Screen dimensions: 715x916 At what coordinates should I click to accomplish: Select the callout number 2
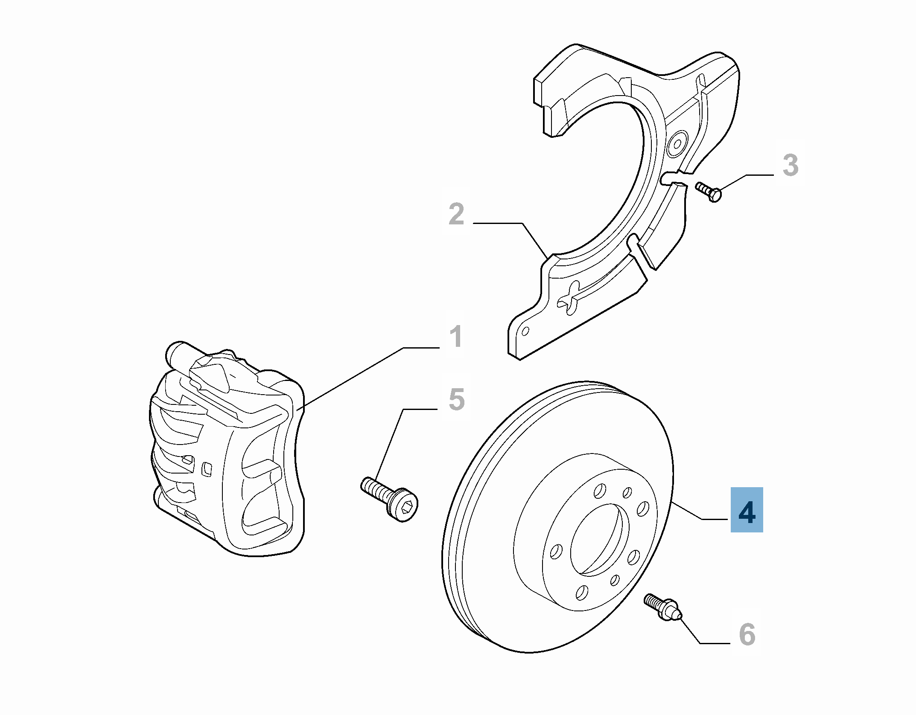coord(456,214)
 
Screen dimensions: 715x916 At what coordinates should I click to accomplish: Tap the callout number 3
coord(790,166)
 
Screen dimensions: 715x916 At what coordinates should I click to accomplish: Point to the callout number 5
coord(456,399)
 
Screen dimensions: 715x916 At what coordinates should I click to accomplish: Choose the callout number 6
coord(747,647)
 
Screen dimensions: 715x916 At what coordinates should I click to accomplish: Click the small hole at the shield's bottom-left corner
coord(525,331)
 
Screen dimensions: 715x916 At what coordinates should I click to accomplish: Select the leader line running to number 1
coord(367,374)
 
